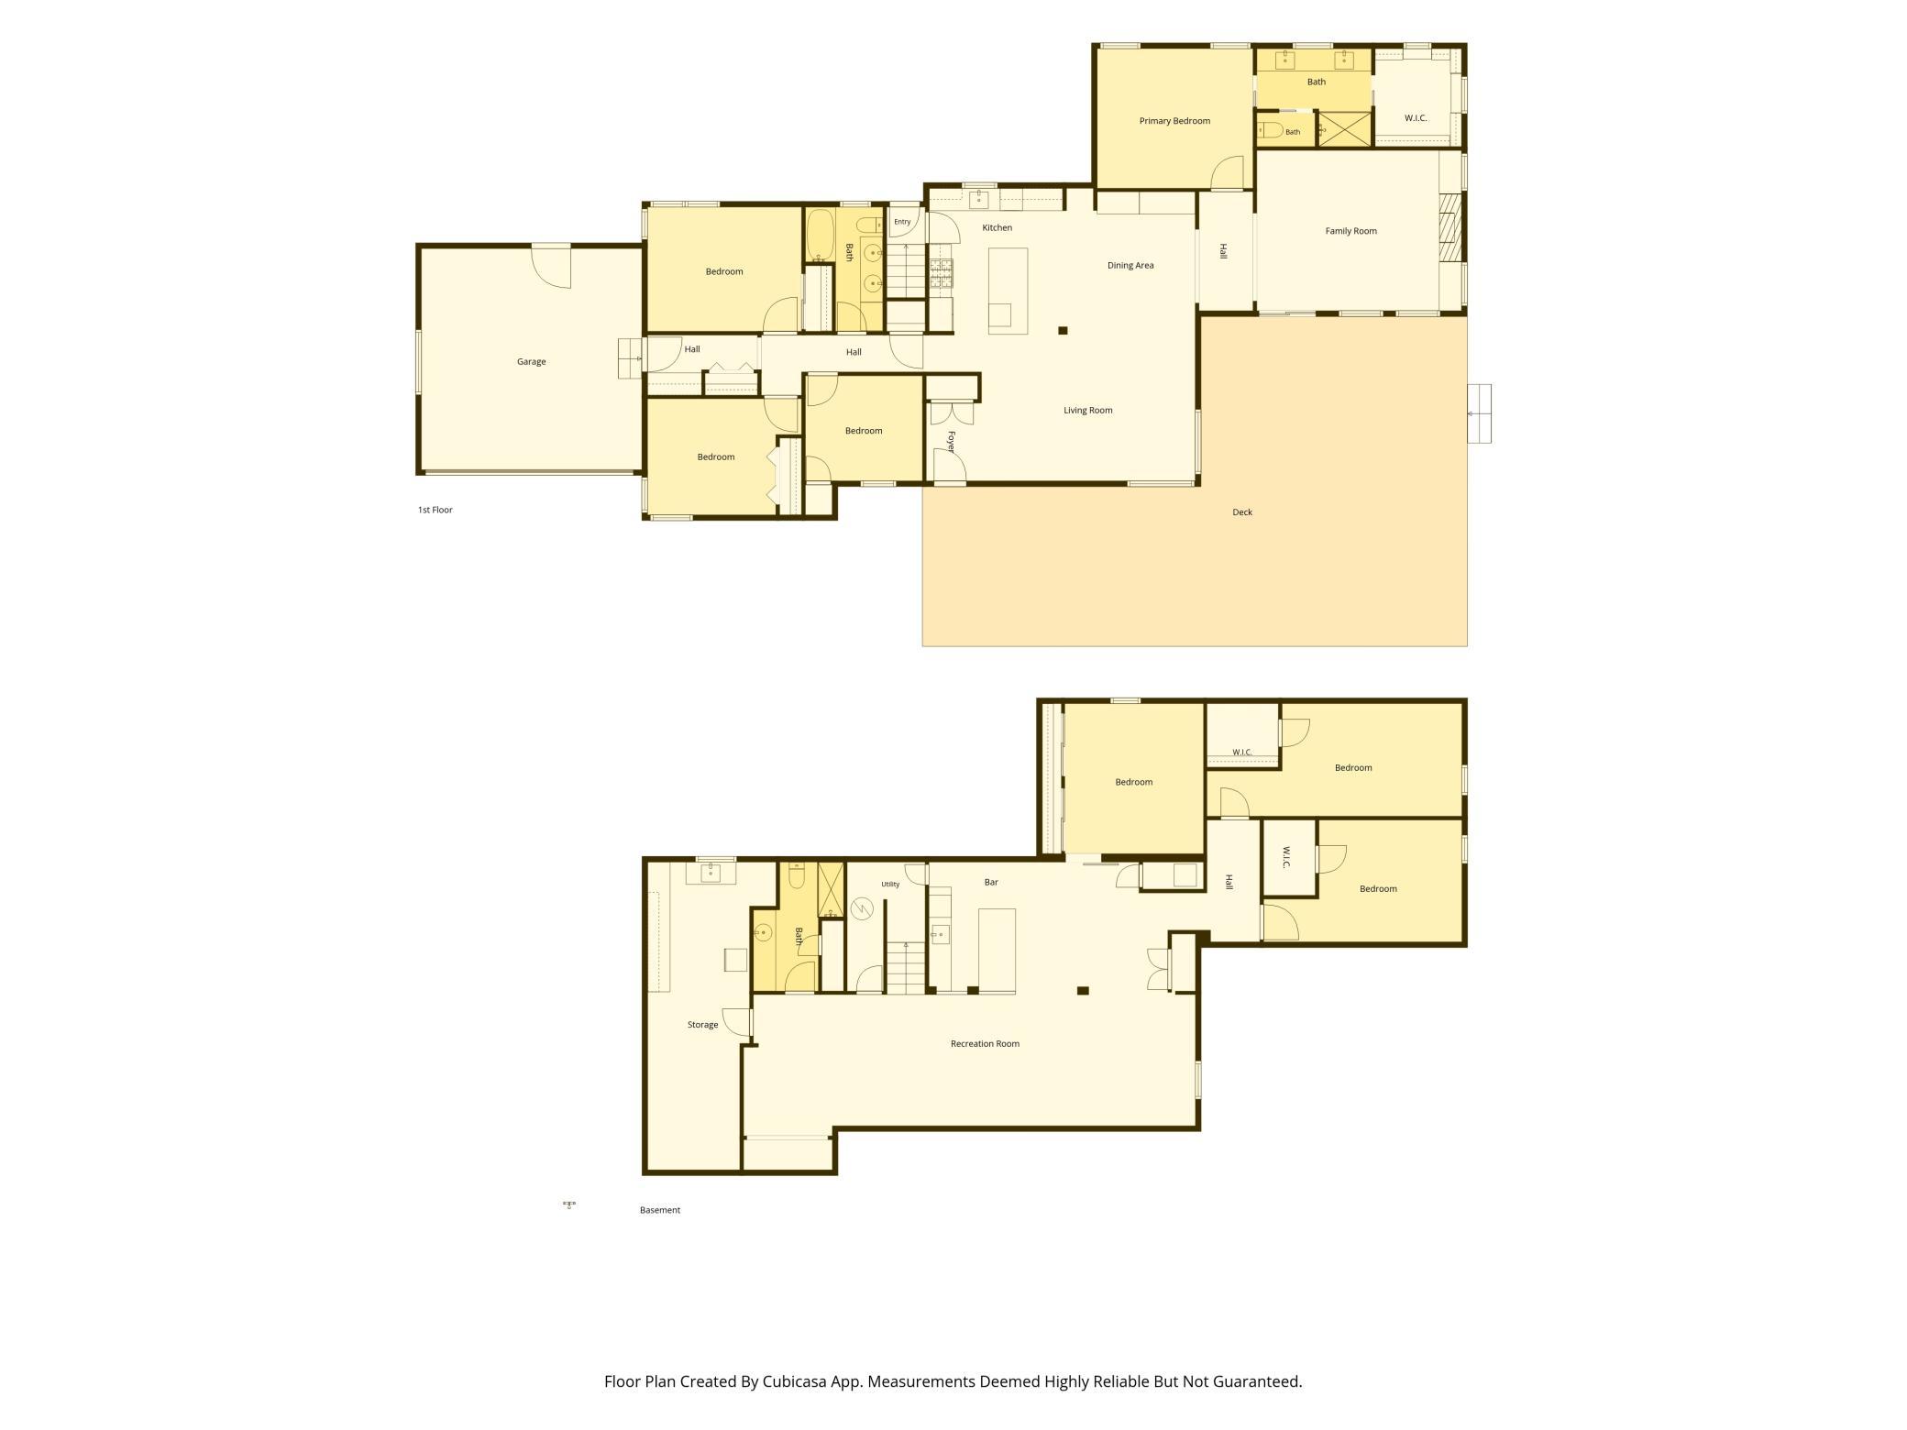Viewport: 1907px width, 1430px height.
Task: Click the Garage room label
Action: click(531, 362)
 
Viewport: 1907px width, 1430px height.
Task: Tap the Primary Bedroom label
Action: click(1174, 121)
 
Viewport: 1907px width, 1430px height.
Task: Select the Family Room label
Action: click(1350, 231)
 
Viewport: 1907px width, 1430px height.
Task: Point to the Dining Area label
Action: click(1130, 266)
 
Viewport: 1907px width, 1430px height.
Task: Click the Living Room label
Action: click(1087, 411)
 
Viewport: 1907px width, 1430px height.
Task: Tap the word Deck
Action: click(1242, 512)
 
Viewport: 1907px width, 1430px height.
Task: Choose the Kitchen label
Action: click(998, 227)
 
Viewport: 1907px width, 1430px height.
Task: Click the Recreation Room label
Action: click(985, 1044)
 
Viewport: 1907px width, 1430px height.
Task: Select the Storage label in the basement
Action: click(702, 1025)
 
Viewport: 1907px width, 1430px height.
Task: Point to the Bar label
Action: click(991, 883)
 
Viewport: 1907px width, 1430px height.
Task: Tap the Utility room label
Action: click(890, 885)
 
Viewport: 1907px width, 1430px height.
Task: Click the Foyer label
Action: click(951, 442)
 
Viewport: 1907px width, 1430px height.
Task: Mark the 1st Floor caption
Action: click(435, 510)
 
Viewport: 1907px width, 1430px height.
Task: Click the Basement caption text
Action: click(660, 1210)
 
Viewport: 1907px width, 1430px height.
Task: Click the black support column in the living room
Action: click(1063, 331)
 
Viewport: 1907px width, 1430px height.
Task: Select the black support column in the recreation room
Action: click(1083, 991)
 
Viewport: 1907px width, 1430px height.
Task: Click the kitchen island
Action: click(1008, 291)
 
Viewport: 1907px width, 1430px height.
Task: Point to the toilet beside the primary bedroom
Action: click(1270, 129)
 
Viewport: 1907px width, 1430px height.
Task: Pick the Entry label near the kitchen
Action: click(902, 222)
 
